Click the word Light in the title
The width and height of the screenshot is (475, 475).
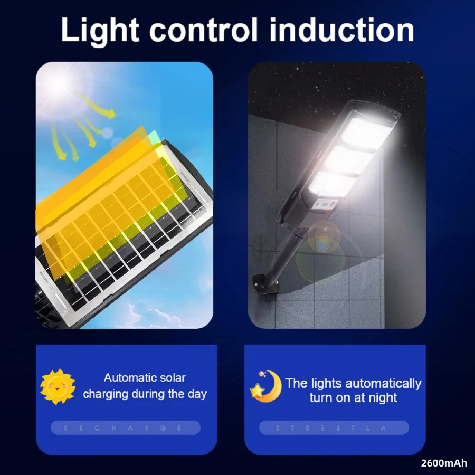[x=99, y=31]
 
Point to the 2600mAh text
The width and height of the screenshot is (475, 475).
[x=444, y=463]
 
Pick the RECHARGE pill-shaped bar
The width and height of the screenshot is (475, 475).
[x=126, y=427]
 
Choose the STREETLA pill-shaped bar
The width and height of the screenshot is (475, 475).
[x=334, y=427]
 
